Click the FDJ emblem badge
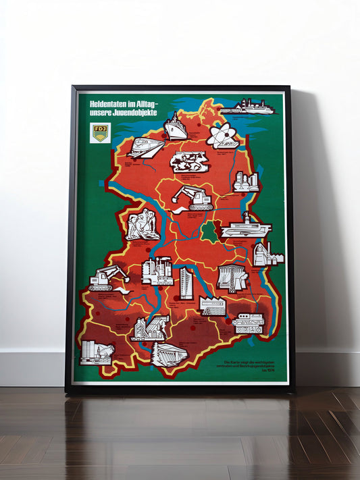click(x=100, y=132)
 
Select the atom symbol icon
click(x=222, y=136)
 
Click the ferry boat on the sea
click(x=247, y=107)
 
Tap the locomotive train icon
click(x=145, y=148)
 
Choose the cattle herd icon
click(x=189, y=162)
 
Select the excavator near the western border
click(x=107, y=277)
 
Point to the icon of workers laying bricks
click(x=143, y=225)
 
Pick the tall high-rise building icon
click(x=186, y=283)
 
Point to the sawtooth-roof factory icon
click(x=212, y=306)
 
